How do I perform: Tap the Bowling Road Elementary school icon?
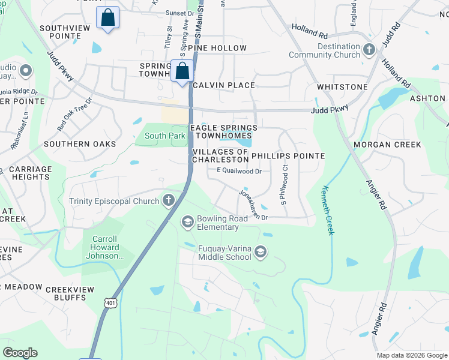click(x=188, y=223)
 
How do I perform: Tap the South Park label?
click(x=164, y=136)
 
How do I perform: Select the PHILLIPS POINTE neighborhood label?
click(x=288, y=156)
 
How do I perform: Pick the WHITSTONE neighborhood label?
click(x=342, y=87)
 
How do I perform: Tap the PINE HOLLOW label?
click(x=217, y=48)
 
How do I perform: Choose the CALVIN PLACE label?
click(x=223, y=85)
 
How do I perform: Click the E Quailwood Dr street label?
click(x=240, y=171)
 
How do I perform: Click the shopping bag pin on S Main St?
click(x=182, y=71)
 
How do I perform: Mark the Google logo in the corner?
click(x=20, y=353)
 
